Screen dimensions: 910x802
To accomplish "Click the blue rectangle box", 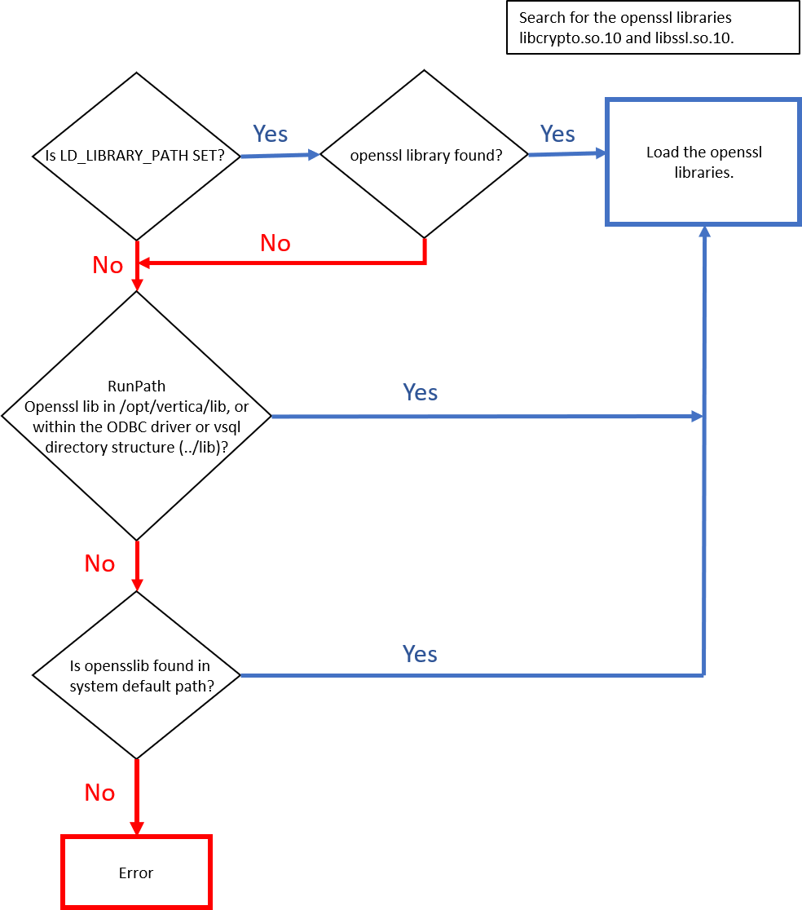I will (703, 161).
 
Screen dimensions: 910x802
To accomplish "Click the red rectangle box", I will (136, 871).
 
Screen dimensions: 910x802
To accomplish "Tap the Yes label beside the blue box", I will (557, 134).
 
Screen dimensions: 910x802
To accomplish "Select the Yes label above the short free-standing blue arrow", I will (270, 134).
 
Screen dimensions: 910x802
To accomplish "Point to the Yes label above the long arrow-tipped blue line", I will (421, 392).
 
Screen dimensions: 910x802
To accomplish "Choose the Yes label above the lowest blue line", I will (420, 654).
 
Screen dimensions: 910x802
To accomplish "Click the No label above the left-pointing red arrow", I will (275, 243).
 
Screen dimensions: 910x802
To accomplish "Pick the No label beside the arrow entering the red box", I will (100, 793).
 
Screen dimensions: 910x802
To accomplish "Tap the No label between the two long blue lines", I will (100, 563).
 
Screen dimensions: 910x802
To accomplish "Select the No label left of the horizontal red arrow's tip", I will (108, 265).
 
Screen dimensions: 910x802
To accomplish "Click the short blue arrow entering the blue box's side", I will (567, 153).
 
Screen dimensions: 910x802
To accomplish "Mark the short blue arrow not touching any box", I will (280, 155).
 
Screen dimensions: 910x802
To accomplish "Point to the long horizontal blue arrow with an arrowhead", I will (486, 417).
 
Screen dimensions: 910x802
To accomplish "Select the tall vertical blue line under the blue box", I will (704, 489).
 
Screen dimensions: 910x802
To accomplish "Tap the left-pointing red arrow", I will (281, 263).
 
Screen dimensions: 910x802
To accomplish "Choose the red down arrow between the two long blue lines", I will (137, 565).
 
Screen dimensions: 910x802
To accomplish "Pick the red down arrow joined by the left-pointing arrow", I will (137, 267).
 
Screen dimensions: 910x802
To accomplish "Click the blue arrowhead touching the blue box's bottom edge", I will (705, 232).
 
